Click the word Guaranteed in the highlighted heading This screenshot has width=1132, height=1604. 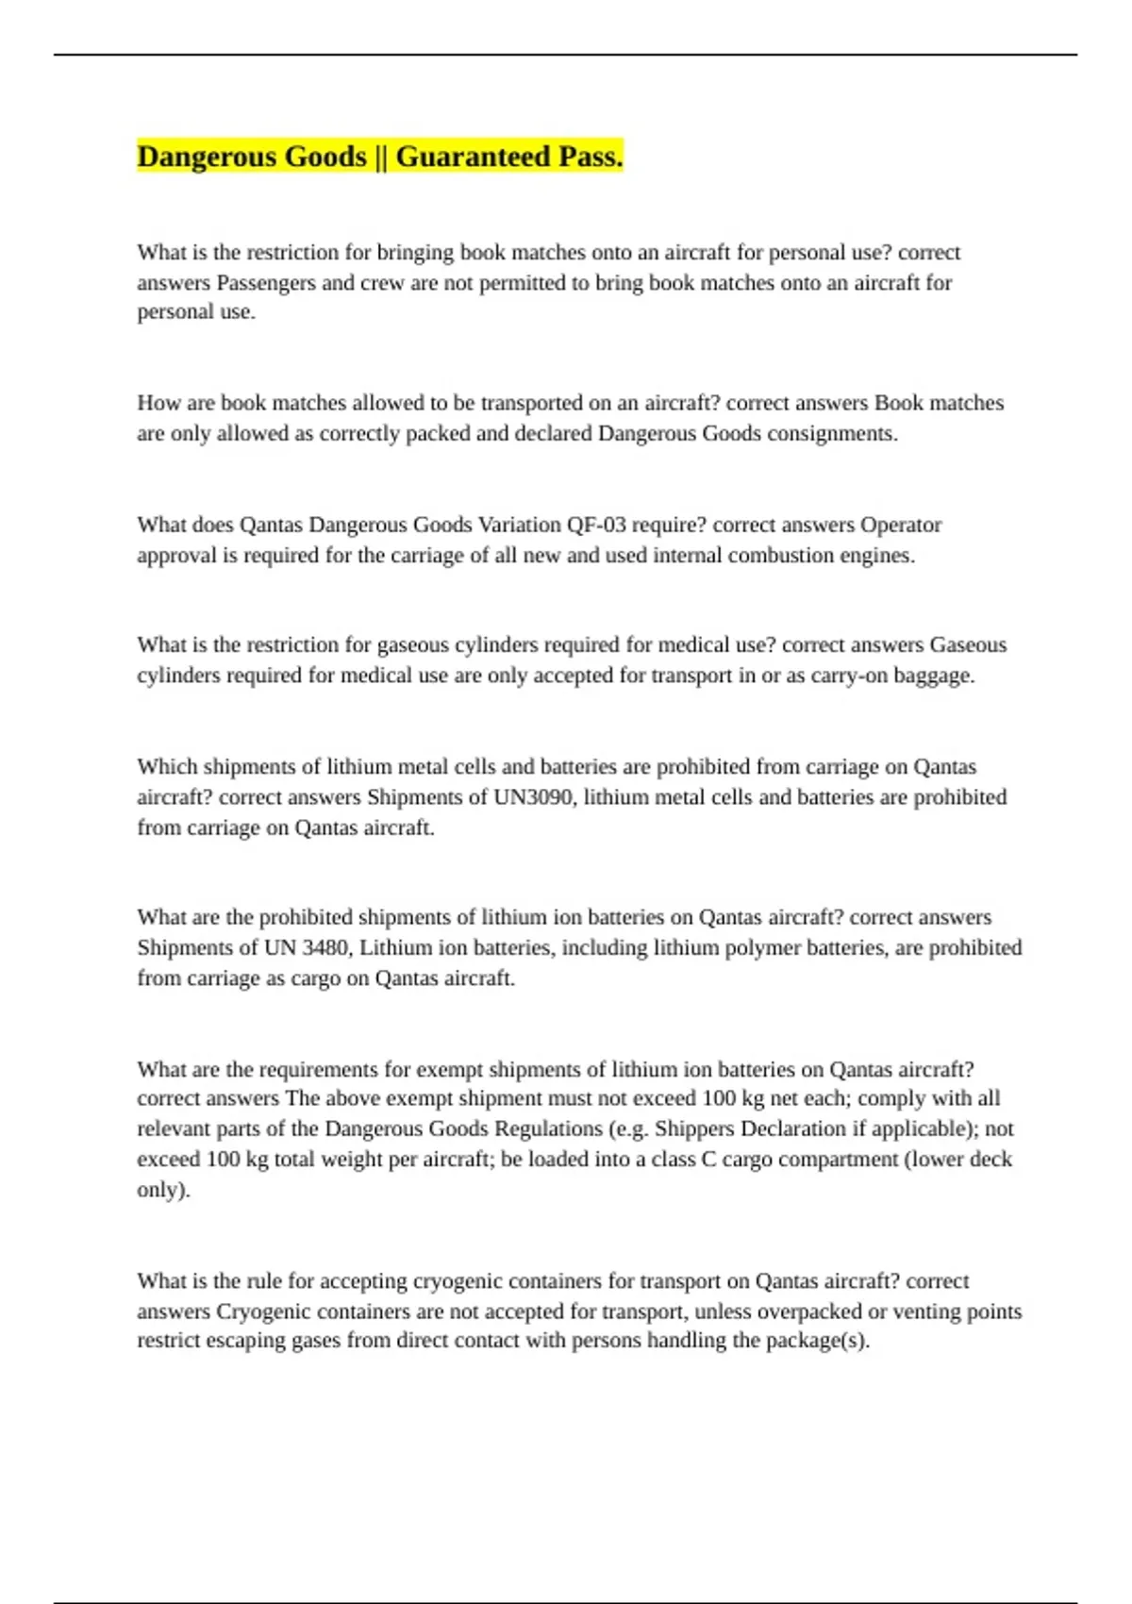474,157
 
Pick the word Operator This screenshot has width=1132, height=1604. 901,525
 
